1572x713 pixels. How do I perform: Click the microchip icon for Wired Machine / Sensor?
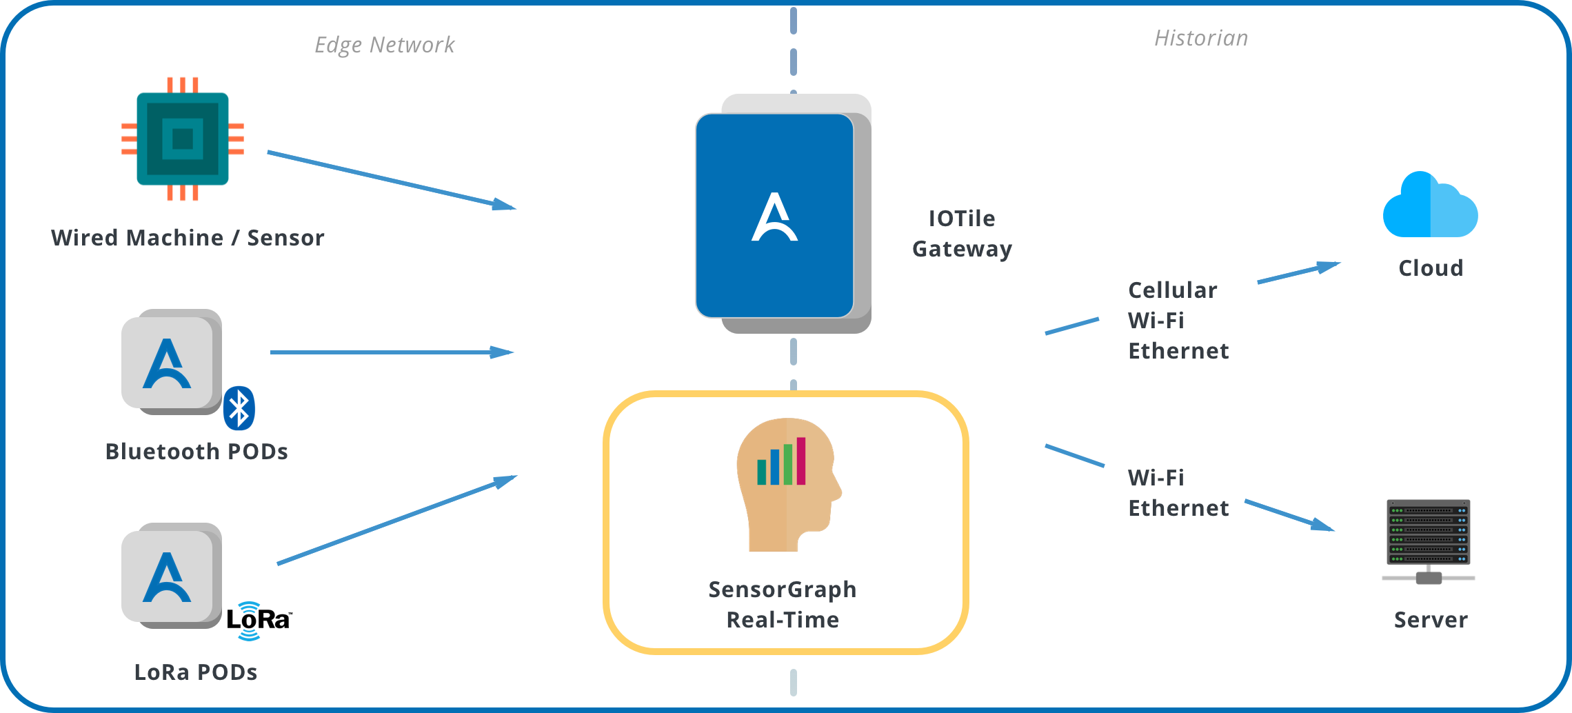click(x=183, y=139)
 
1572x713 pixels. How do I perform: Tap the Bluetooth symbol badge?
click(x=239, y=408)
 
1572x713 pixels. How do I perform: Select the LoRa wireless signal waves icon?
click(x=249, y=621)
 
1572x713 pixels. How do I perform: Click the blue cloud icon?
click(x=1430, y=206)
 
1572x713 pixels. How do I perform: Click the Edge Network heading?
click(x=385, y=45)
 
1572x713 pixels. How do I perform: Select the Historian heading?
click(x=1201, y=38)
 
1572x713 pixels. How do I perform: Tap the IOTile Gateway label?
click(x=962, y=234)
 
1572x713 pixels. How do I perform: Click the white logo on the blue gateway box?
click(x=774, y=217)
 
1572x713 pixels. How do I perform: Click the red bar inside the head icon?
click(x=801, y=461)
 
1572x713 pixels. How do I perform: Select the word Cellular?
click(x=1172, y=290)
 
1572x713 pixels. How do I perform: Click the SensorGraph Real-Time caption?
click(x=783, y=605)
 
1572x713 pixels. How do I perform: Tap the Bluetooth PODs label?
click(x=196, y=452)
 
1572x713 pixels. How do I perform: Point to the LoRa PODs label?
click(x=196, y=672)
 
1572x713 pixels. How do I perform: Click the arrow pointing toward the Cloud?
click(x=1299, y=272)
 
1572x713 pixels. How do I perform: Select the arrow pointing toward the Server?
click(x=1289, y=515)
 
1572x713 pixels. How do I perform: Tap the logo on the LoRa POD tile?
click(x=166, y=577)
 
